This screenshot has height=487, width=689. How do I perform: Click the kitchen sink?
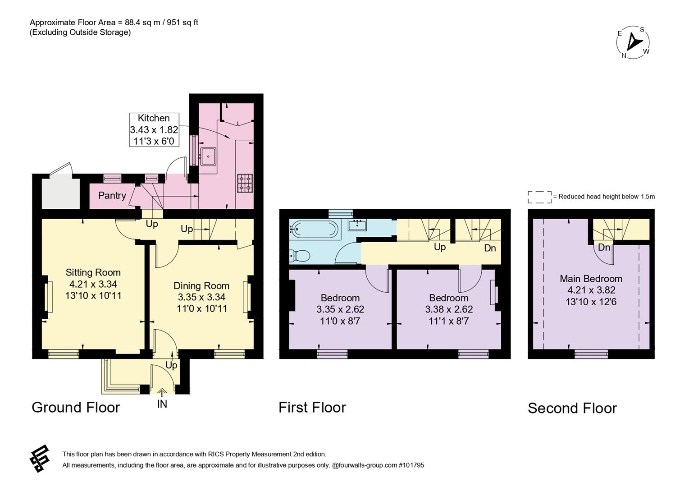(x=208, y=156)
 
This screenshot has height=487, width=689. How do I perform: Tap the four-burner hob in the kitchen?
(x=245, y=184)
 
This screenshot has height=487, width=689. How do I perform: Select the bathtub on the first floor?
(x=315, y=229)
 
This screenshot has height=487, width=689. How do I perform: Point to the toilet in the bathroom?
(x=299, y=255)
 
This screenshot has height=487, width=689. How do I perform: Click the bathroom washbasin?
(x=357, y=225)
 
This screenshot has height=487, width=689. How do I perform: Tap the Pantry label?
(x=112, y=196)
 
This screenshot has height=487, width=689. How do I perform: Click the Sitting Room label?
(x=93, y=272)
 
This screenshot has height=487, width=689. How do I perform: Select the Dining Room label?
(x=201, y=286)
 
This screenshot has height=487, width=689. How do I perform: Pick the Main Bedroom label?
(x=591, y=279)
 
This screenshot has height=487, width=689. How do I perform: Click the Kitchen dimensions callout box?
(x=154, y=129)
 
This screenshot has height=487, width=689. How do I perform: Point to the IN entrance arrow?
(x=162, y=392)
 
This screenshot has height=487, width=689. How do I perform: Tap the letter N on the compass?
(x=624, y=56)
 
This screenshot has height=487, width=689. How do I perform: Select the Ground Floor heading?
(x=76, y=408)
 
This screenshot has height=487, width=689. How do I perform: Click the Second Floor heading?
(x=572, y=408)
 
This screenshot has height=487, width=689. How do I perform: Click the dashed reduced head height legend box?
(x=540, y=197)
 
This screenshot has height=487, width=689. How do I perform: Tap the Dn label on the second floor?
(x=604, y=248)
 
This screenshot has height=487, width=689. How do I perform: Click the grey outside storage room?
(x=61, y=192)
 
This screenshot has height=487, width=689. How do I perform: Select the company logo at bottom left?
(x=40, y=459)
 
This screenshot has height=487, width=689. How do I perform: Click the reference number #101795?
(x=411, y=465)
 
